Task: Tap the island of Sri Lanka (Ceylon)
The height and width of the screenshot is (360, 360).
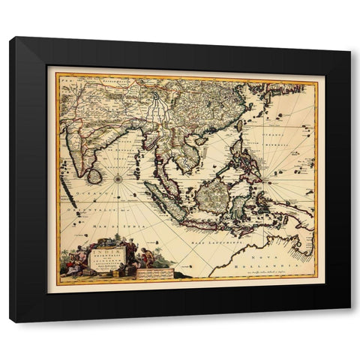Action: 94,175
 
